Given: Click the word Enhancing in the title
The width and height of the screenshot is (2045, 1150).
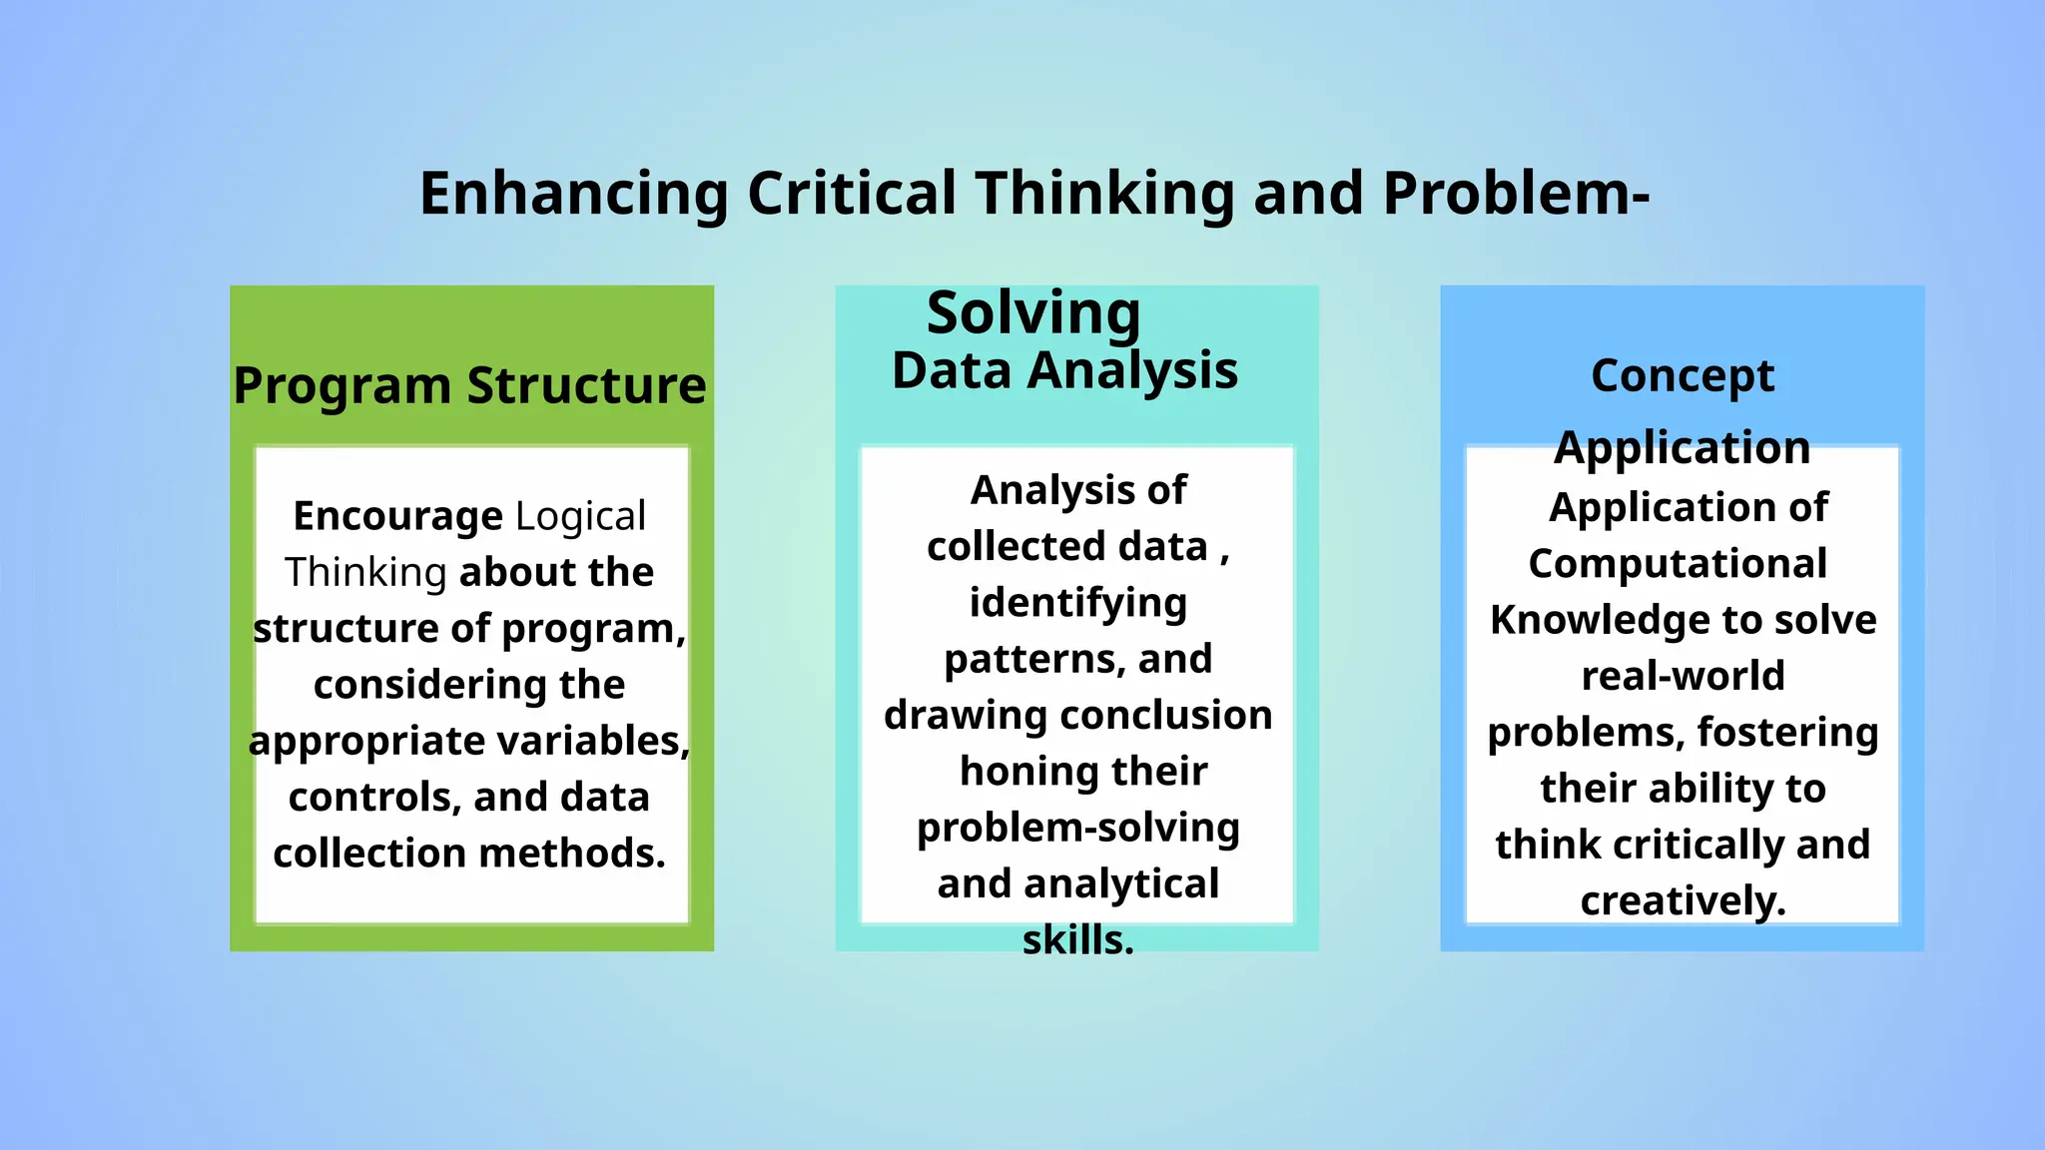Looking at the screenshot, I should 574,194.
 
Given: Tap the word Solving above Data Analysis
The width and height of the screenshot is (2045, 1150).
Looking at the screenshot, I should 1033,313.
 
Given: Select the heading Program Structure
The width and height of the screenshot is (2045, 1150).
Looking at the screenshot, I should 469,385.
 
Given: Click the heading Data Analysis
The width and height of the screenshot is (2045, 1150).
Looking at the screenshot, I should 1064,370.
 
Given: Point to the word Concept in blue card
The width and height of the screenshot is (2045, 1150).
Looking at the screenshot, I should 1683,376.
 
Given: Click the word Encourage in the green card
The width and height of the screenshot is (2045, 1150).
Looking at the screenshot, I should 397,516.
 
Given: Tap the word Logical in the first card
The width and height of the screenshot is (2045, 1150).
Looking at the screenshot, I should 580,516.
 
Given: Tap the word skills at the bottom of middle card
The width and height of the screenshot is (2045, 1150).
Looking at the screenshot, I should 1077,940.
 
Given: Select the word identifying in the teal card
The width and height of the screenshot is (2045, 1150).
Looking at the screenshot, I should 1077,603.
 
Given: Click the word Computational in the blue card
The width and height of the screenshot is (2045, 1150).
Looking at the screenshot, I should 1678,564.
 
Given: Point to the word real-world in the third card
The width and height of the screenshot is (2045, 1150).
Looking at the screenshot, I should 1683,676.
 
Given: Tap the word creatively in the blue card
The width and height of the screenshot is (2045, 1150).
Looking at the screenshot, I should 1683,901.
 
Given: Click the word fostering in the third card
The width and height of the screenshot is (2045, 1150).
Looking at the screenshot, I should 1787,732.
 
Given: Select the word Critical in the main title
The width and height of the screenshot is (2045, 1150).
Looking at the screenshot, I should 852,194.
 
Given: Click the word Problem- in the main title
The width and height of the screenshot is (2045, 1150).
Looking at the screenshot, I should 1516,194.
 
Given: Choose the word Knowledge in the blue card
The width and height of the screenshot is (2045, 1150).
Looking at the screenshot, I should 1600,620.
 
